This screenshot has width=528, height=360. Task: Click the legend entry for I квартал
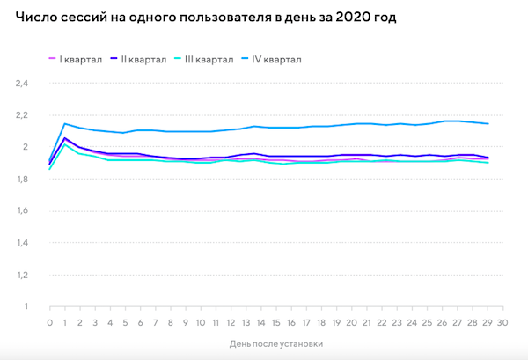(78, 60)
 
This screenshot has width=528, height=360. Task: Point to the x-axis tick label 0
(50, 323)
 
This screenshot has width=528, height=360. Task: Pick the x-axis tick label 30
(502, 323)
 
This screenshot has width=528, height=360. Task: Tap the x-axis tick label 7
(156, 323)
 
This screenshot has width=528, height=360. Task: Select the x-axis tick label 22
(381, 323)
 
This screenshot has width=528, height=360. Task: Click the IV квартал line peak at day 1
(65, 123)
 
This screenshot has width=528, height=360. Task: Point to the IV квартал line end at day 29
(487, 124)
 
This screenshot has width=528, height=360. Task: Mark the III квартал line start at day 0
(50, 169)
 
